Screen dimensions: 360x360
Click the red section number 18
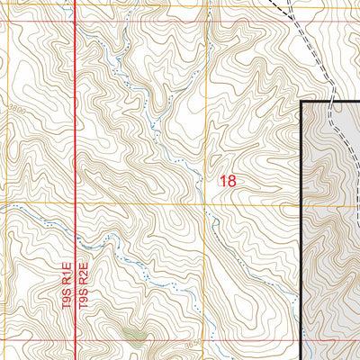point(228,181)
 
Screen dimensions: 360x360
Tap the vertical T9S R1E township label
point(67,286)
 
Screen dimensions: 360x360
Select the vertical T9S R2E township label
point(82,286)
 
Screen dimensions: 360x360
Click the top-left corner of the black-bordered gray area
point(301,102)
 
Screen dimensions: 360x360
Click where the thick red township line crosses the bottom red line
point(74,342)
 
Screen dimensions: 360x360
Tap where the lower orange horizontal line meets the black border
point(301,203)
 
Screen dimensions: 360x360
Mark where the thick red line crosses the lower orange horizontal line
point(74,203)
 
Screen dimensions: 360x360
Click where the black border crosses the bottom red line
point(301,342)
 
